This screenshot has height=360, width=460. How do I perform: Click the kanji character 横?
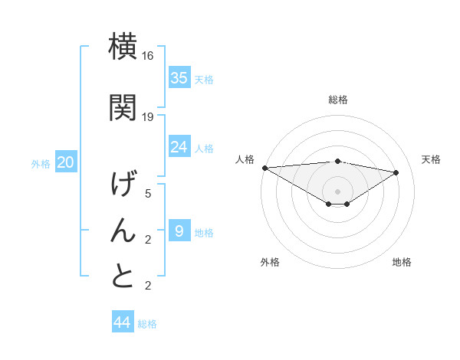[123, 47]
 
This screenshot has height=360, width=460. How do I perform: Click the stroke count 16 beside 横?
[149, 57]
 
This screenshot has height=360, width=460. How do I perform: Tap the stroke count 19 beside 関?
[149, 117]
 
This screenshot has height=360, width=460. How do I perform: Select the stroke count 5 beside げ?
[149, 194]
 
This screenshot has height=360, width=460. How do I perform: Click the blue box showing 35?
[179, 78]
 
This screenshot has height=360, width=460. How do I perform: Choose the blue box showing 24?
[179, 147]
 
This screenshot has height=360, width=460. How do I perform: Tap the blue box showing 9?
[179, 231]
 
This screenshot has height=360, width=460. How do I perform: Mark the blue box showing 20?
[66, 162]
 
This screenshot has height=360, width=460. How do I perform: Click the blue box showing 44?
[123, 322]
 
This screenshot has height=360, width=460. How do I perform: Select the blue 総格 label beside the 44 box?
[147, 324]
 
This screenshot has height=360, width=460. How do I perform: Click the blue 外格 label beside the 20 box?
[41, 164]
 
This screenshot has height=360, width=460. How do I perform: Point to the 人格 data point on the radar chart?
[264, 167]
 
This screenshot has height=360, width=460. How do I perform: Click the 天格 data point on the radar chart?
[396, 172]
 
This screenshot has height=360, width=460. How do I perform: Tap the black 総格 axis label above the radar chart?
[337, 100]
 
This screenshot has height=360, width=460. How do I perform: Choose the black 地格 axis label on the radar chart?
[402, 262]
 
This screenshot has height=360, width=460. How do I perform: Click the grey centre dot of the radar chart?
[337, 190]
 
